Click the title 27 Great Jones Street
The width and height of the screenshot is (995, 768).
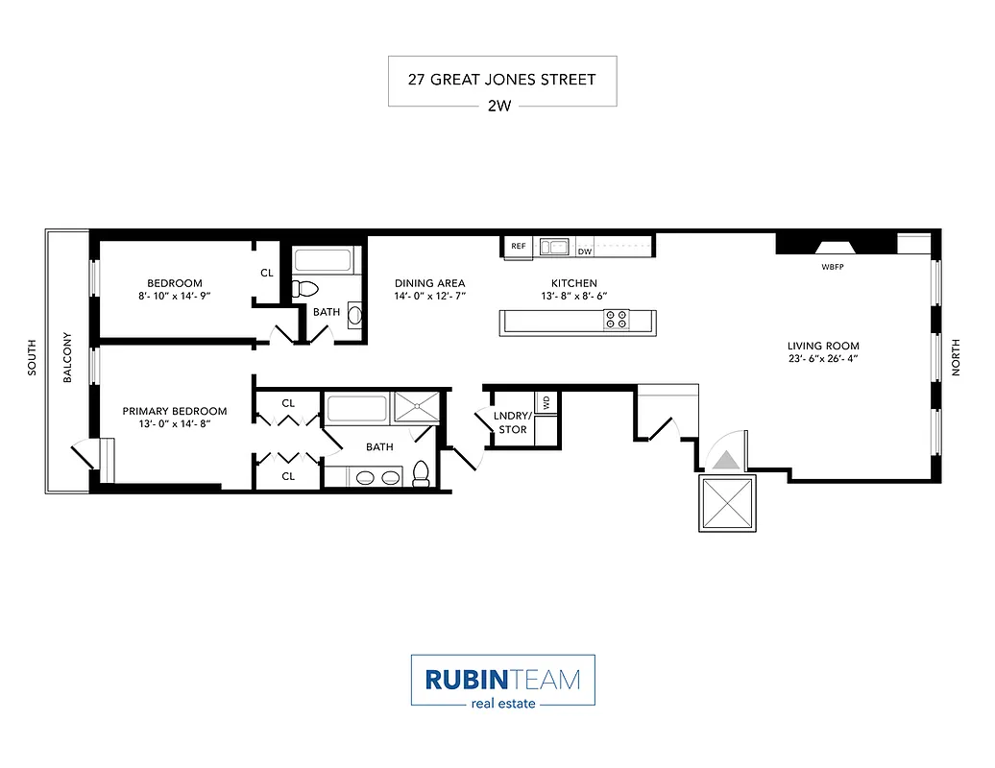pos(501,80)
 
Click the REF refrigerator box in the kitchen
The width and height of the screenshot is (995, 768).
pos(519,247)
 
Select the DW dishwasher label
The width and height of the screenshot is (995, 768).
pos(584,252)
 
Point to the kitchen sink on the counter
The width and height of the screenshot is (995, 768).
pos(554,247)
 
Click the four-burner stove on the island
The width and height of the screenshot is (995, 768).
pos(616,319)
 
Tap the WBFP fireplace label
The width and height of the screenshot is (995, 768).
pos(833,265)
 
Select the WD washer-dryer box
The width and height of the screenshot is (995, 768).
pos(546,402)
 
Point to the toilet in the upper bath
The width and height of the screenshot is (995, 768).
pos(307,288)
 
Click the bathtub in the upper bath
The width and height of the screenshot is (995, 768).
pos(326,259)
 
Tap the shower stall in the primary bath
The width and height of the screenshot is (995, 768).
pos(419,406)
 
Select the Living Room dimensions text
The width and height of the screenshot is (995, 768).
pos(822,360)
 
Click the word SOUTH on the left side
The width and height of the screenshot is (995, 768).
pos(32,358)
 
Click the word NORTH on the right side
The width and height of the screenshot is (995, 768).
pos(955,358)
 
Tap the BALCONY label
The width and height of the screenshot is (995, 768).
pos(67,358)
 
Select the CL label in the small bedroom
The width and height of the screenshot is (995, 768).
pos(267,273)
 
